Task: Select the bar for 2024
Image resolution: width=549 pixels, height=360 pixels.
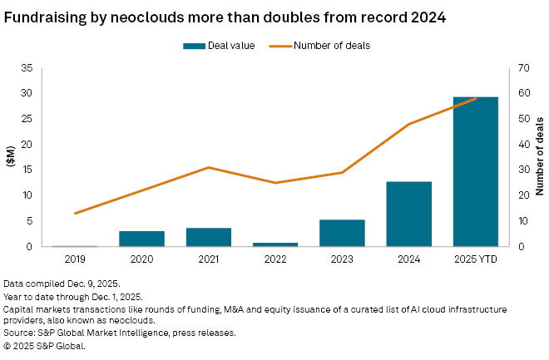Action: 408,214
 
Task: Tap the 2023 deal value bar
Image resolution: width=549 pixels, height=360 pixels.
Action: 342,233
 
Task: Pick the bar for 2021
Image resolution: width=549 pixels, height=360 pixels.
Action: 208,237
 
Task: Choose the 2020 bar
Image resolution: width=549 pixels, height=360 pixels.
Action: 141,239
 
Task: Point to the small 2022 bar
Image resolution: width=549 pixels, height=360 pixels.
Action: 274,244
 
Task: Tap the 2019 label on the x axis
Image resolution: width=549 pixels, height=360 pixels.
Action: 75,259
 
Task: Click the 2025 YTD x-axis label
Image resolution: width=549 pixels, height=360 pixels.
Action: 475,259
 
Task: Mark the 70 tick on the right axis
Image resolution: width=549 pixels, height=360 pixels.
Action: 523,68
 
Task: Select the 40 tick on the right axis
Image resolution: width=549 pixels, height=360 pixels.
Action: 523,145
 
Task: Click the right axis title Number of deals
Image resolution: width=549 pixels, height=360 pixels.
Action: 539,157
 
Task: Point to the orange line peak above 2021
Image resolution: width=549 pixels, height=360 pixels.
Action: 208,167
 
